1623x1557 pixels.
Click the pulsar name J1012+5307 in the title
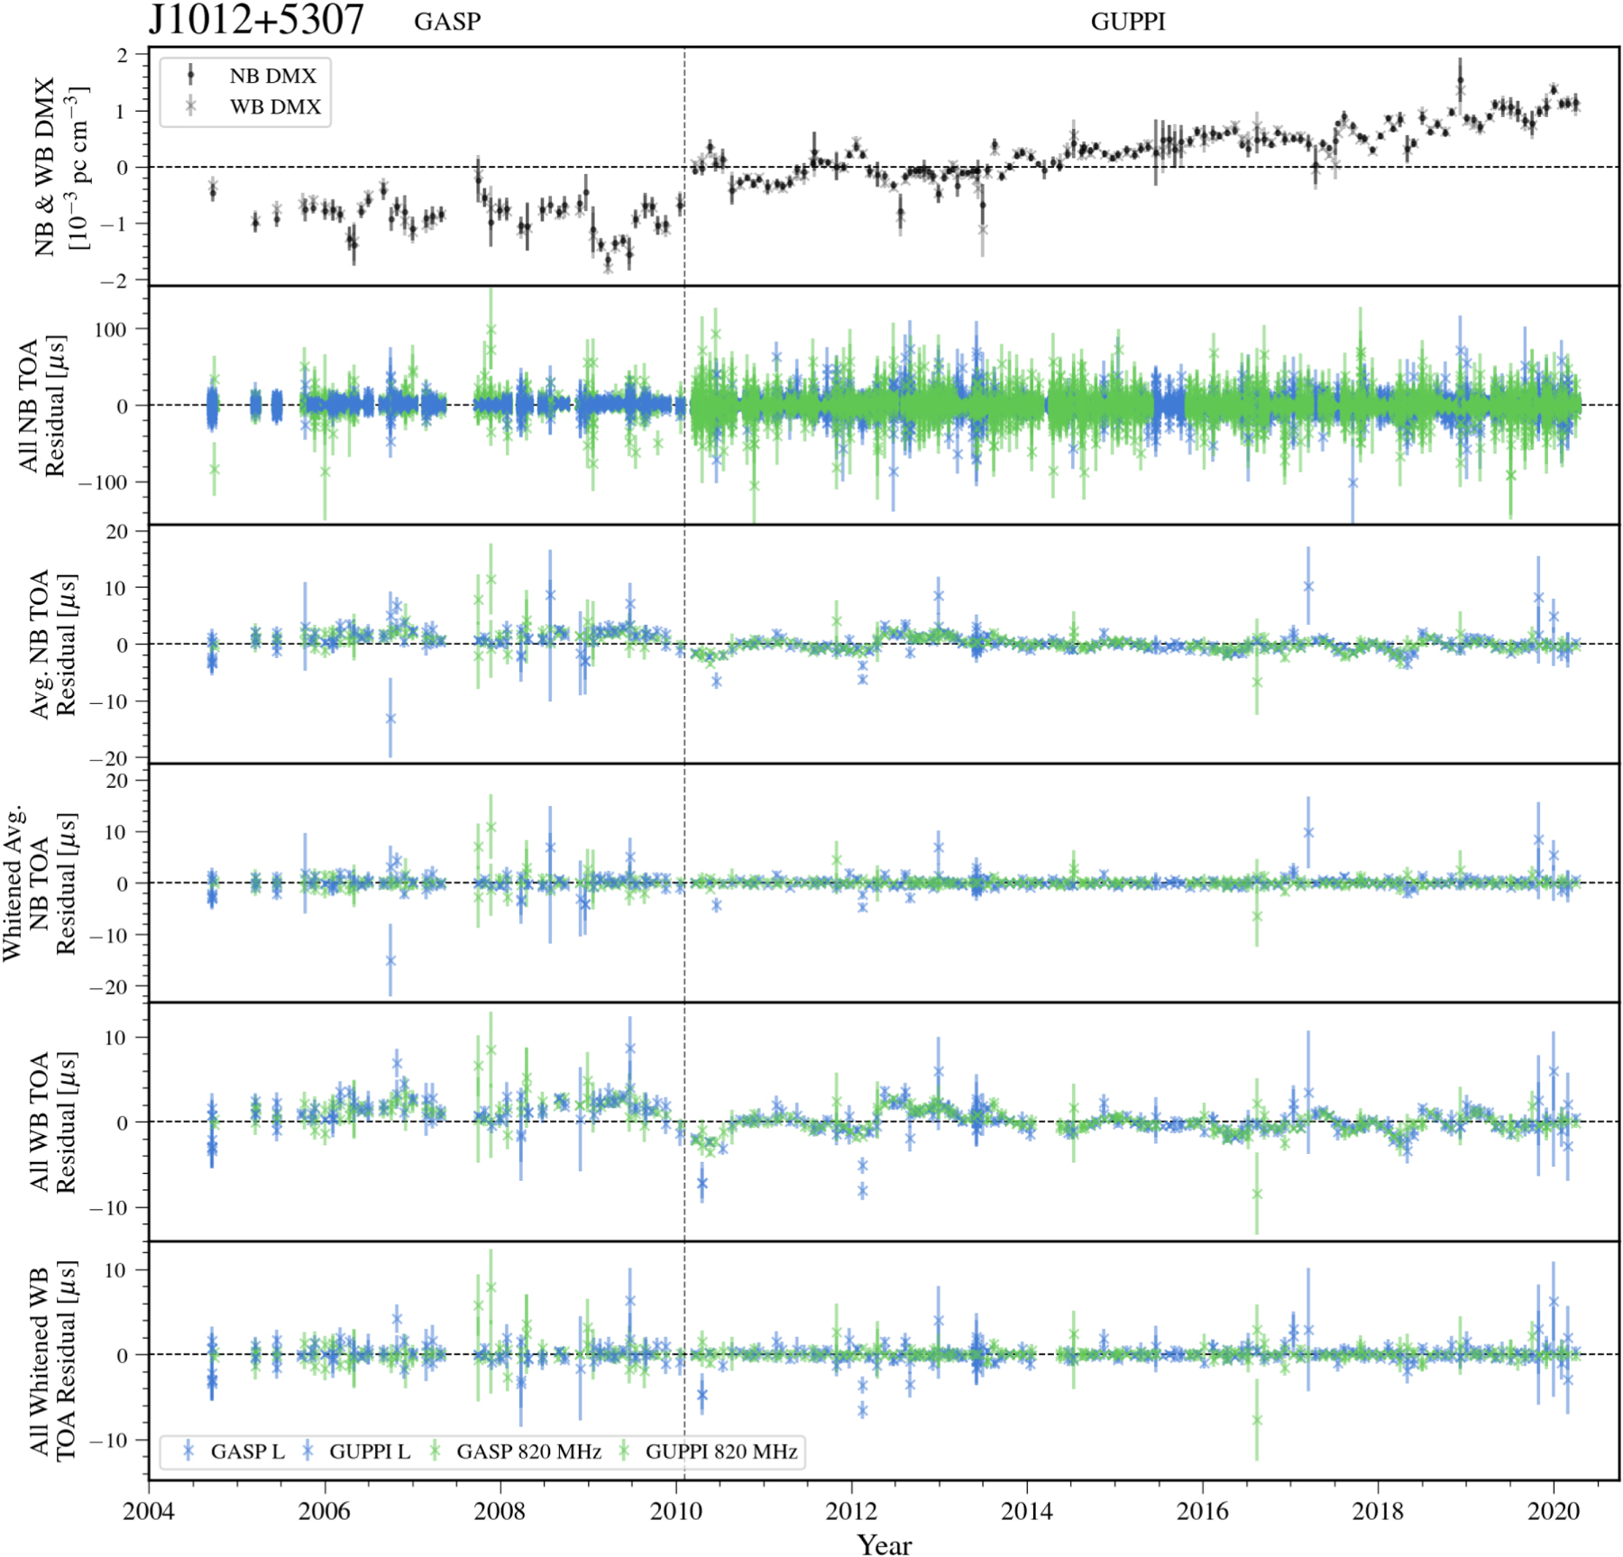click(256, 20)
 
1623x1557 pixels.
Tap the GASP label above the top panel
click(447, 22)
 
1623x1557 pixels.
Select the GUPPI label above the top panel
click(1127, 22)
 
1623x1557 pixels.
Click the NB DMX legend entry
click(272, 76)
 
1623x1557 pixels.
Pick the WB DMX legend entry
click(275, 106)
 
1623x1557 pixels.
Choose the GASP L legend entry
click(247, 1452)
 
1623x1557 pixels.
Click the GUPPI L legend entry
click(369, 1452)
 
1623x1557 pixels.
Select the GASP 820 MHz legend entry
click(528, 1452)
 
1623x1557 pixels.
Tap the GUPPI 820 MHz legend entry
click(721, 1452)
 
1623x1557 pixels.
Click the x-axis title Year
click(884, 1544)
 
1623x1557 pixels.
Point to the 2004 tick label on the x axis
click(149, 1511)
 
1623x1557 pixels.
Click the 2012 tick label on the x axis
click(851, 1511)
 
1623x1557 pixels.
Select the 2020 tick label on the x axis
click(1554, 1511)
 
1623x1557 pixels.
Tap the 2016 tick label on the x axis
click(1202, 1511)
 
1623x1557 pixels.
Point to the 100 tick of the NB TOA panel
click(110, 330)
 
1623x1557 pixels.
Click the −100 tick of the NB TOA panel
click(102, 482)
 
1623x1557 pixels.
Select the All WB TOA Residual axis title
click(52, 1122)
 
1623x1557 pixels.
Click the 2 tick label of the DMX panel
click(122, 55)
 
